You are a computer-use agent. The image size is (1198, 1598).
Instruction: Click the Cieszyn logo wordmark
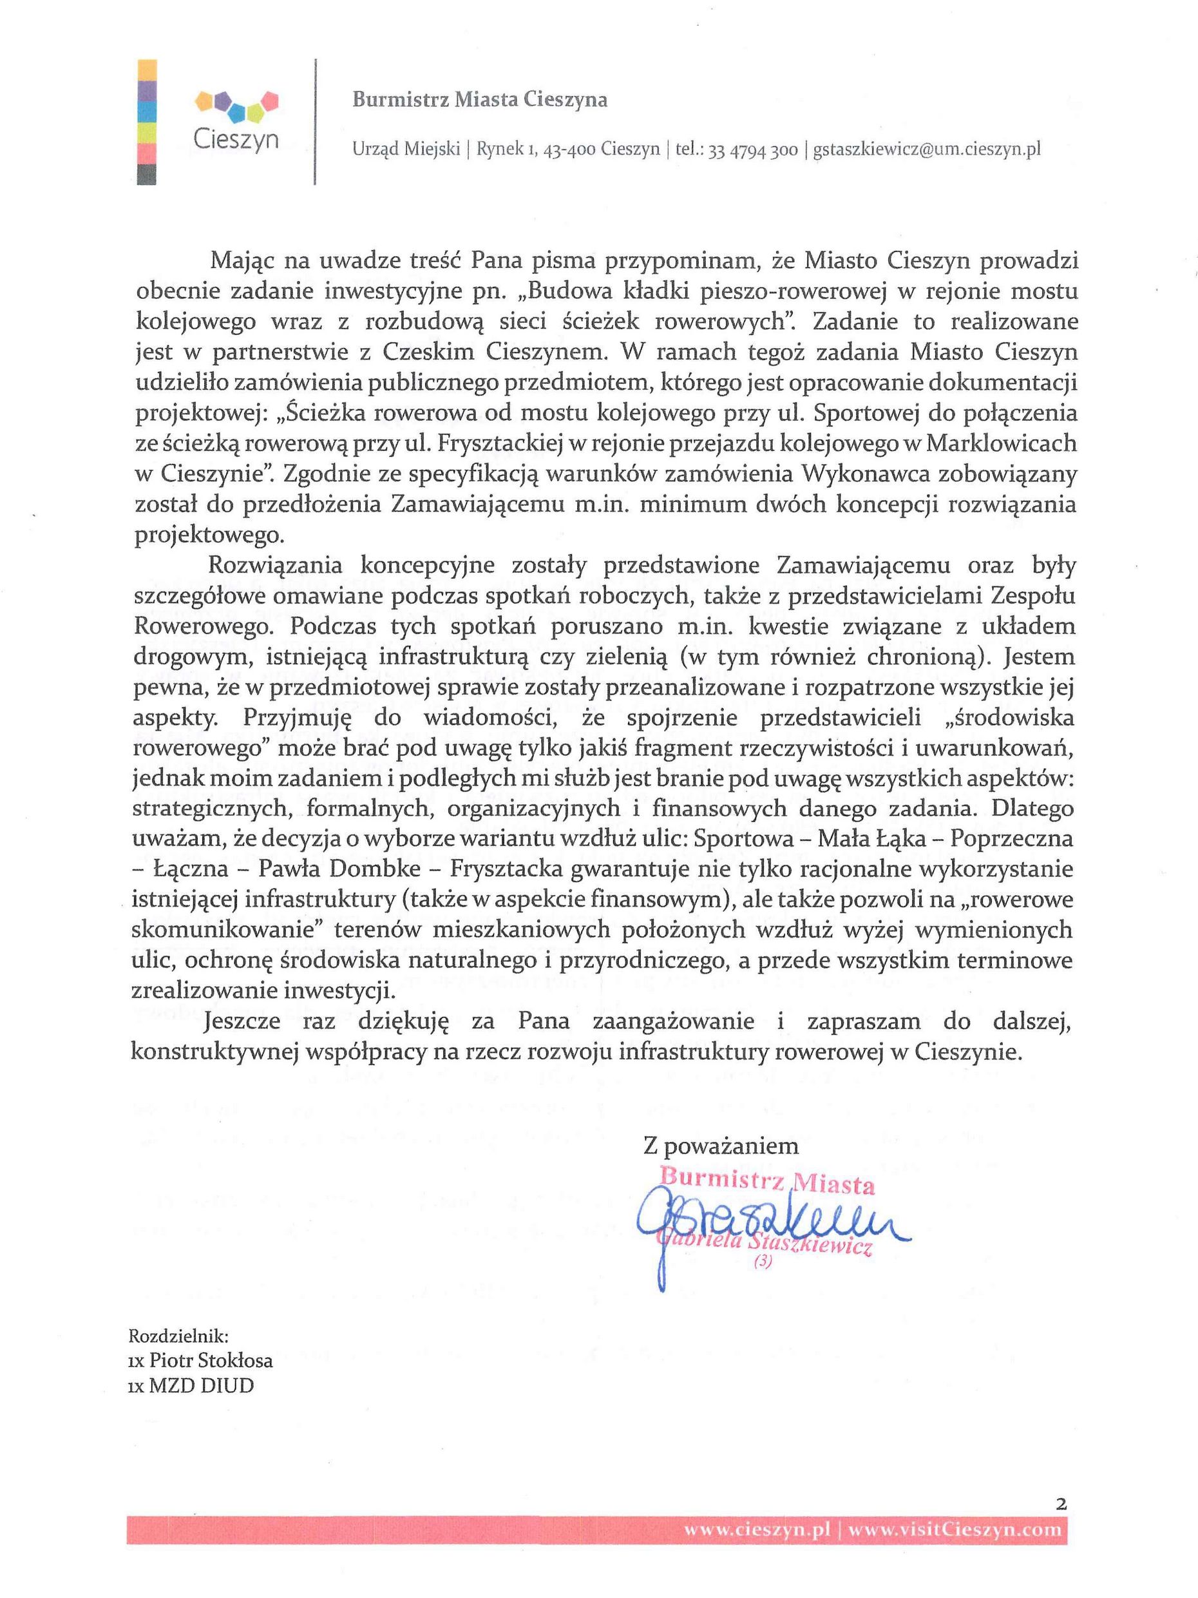pos(236,139)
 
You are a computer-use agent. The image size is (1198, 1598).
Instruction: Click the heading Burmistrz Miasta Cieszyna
pos(479,100)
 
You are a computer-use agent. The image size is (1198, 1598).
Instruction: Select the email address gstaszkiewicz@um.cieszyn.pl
pos(926,149)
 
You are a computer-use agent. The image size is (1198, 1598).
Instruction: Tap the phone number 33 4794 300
pos(753,149)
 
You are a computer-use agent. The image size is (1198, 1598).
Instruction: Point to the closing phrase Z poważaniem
pos(721,1146)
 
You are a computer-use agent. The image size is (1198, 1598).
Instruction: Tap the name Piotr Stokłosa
pos(210,1361)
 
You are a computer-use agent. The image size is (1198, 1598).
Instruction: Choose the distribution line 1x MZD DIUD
pos(191,1387)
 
